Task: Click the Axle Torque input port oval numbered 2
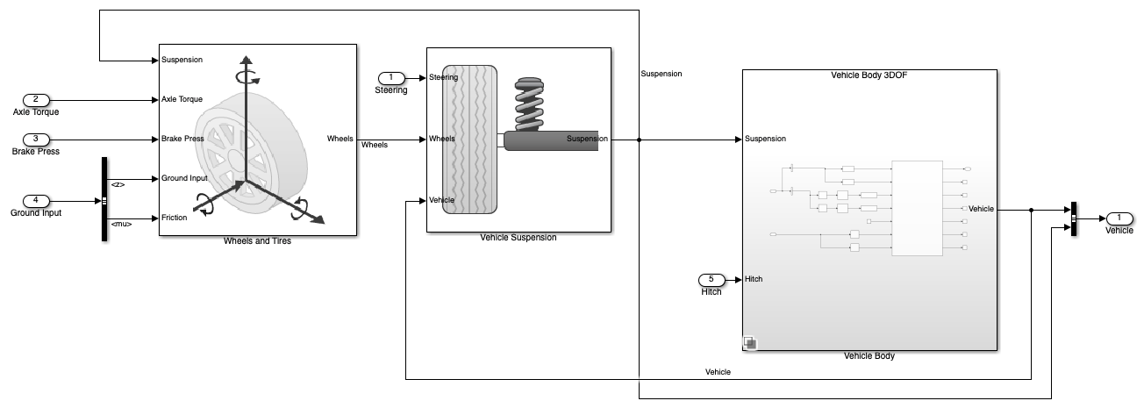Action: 36,100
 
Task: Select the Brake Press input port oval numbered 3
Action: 36,140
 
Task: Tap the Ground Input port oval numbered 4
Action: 36,201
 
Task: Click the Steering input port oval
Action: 391,78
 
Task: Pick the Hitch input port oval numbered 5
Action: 711,280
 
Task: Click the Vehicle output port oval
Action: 1119,218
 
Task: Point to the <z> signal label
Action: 118,184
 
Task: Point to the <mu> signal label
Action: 122,224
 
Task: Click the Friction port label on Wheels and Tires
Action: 175,218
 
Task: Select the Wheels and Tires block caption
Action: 257,241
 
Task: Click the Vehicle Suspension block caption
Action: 518,238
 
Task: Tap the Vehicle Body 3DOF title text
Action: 869,75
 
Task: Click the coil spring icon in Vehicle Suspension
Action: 529,104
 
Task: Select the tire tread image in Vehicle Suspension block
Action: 469,140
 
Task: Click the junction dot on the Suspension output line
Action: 639,140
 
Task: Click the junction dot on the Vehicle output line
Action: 1031,210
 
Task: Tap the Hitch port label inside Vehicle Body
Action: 754,279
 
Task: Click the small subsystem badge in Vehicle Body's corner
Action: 750,343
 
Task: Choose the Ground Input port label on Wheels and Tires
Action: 184,178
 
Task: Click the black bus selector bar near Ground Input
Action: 104,199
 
